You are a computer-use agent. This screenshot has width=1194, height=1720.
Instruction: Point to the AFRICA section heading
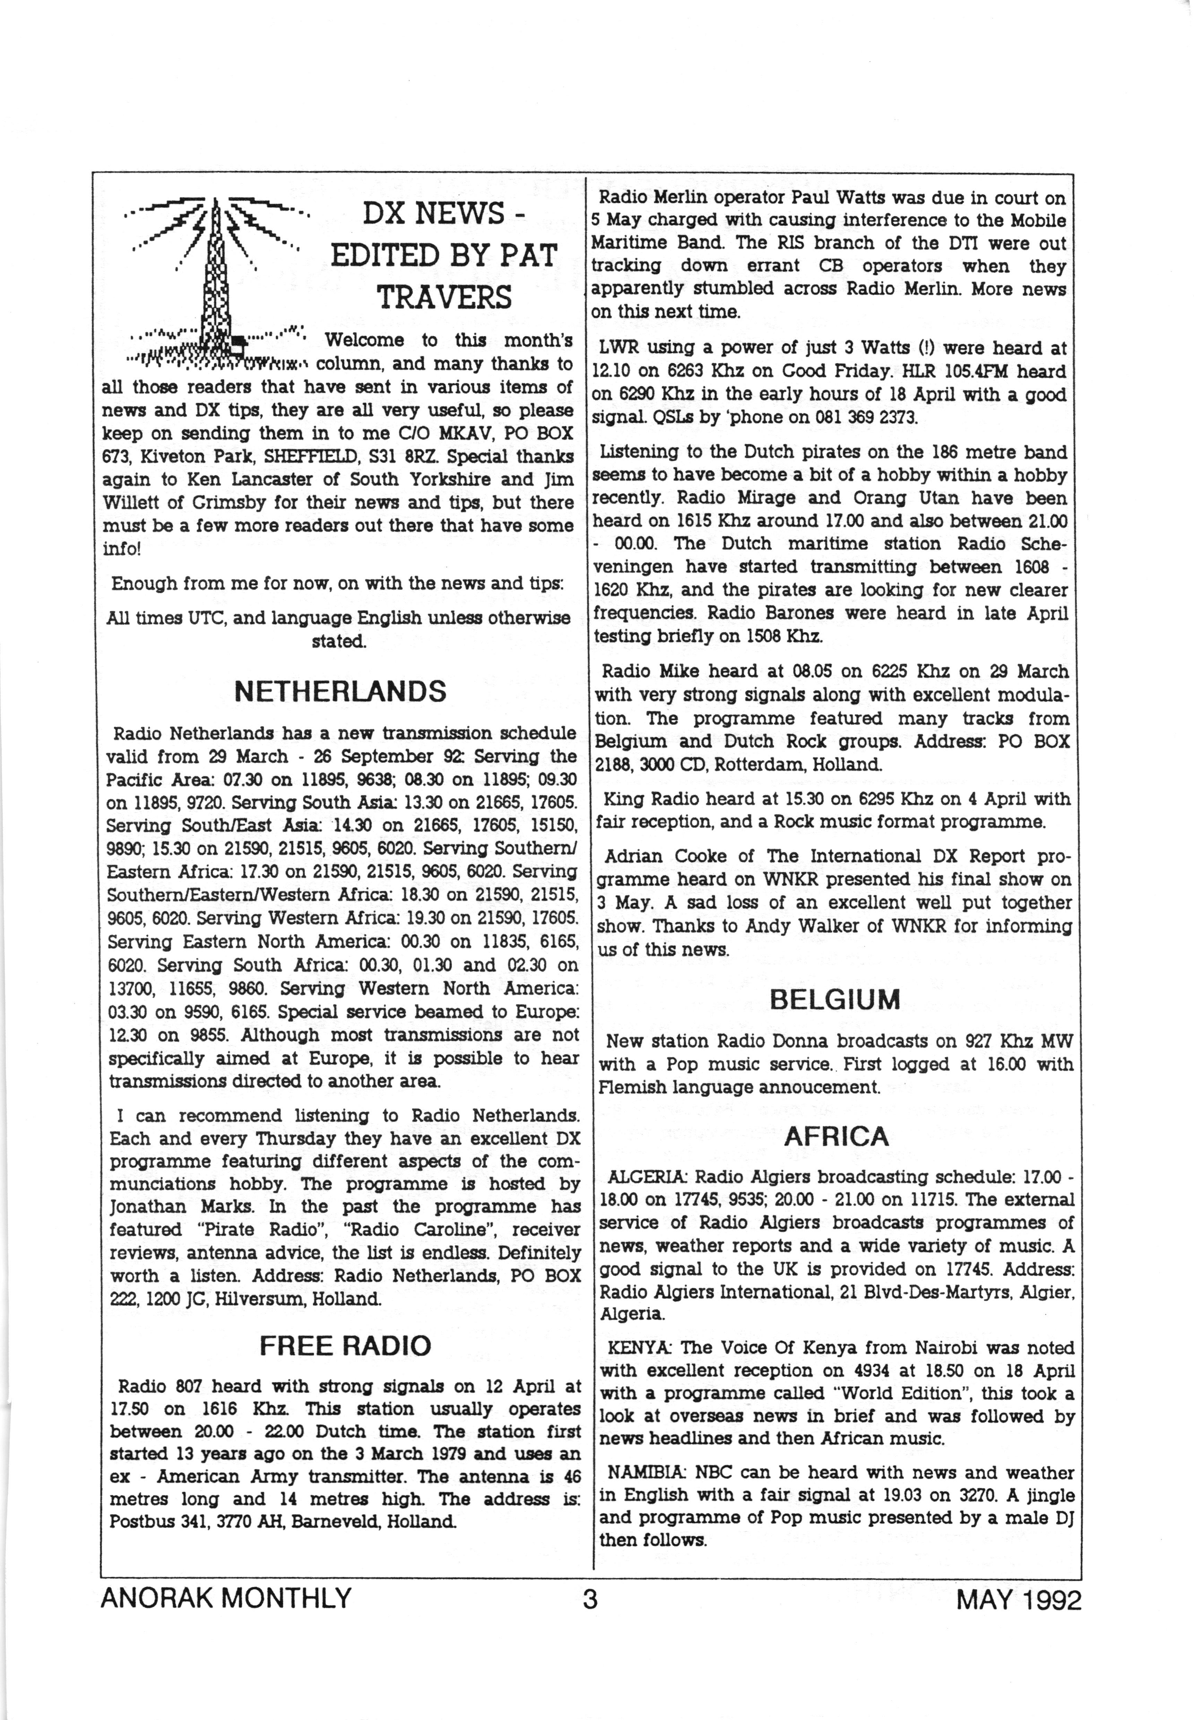click(836, 1136)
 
